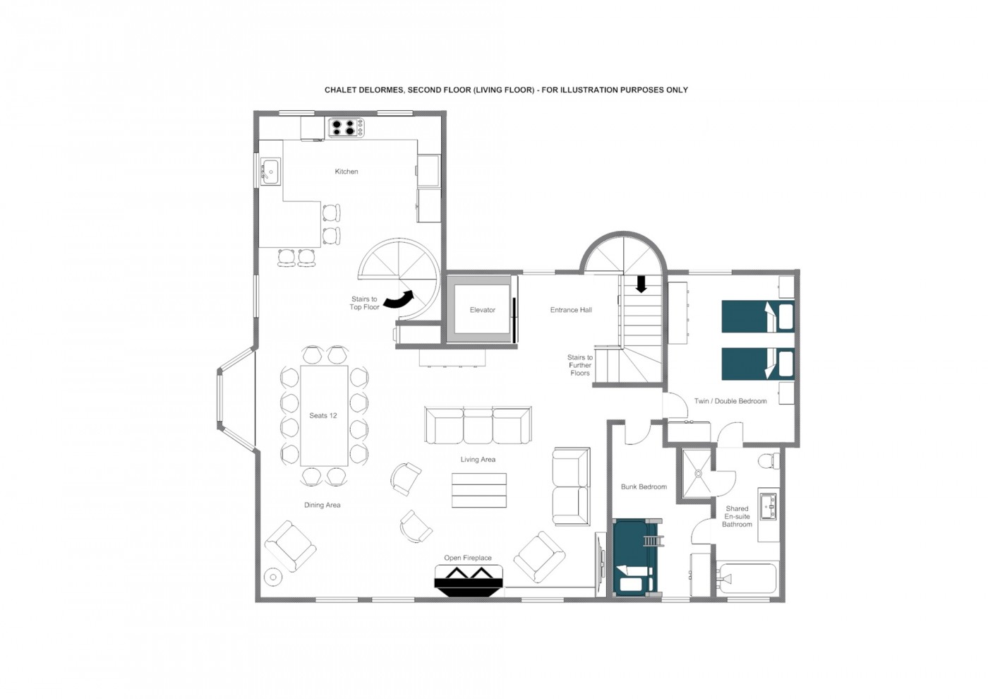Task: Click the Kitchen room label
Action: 347,171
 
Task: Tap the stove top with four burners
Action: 347,128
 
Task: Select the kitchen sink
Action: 270,171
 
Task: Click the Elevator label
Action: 483,310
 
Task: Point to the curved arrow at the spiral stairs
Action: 399,299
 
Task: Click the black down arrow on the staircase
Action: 641,284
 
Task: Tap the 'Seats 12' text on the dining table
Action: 323,415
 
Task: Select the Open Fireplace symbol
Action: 469,580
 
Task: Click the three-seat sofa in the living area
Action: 478,424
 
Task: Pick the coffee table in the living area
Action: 479,490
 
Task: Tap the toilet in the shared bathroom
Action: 769,461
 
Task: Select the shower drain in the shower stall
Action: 698,474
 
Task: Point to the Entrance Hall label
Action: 571,310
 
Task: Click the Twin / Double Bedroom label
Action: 730,401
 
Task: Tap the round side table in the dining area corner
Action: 272,577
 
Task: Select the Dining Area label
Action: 323,506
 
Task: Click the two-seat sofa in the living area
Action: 571,486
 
